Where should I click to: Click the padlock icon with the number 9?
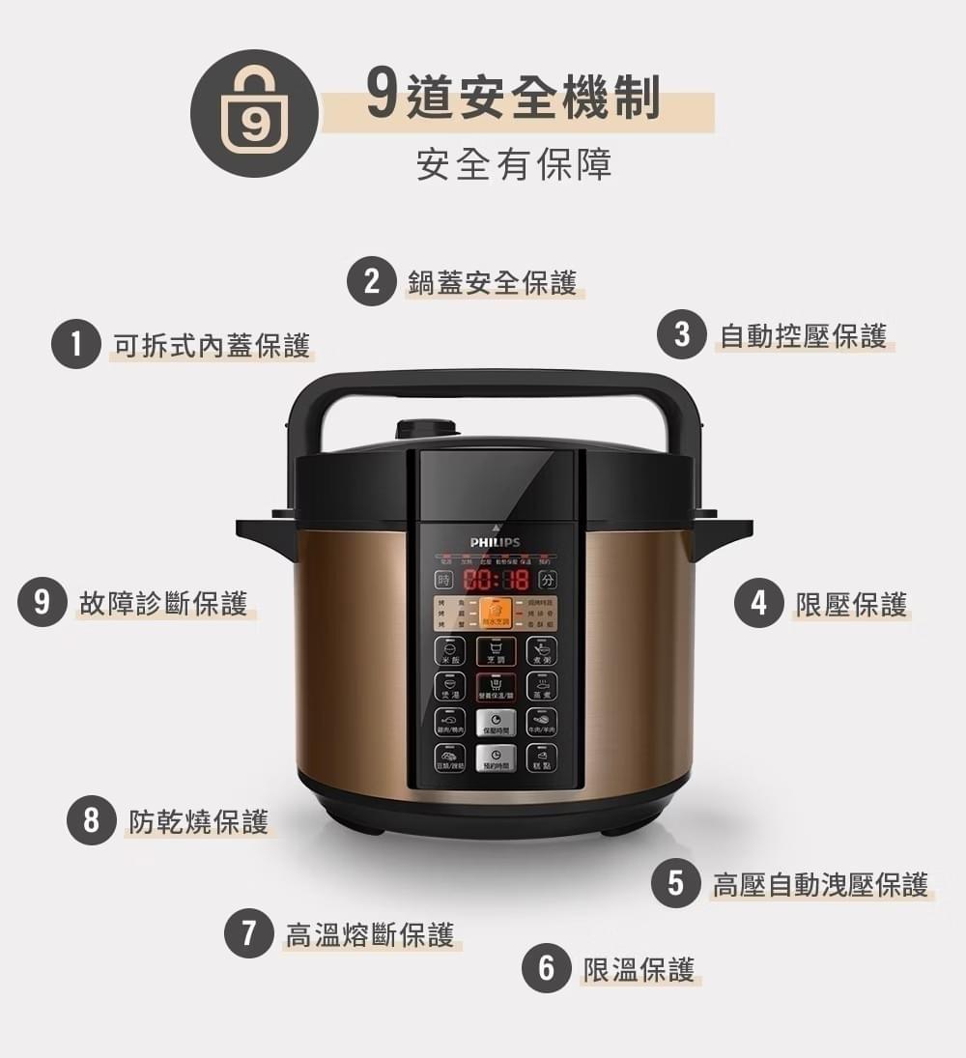tap(254, 113)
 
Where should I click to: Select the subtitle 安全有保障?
tap(514, 165)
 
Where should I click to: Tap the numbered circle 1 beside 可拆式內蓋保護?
tap(76, 345)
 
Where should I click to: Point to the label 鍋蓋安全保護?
tap(492, 282)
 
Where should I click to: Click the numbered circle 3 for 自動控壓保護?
tap(682, 335)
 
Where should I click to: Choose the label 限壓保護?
tap(851, 604)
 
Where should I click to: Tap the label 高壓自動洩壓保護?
tap(821, 883)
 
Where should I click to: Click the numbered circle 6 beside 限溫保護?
tap(547, 968)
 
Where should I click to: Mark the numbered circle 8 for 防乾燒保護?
tap(92, 821)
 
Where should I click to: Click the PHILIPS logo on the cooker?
tap(495, 542)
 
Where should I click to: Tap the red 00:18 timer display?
tap(497, 580)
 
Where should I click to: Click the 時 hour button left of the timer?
tap(445, 580)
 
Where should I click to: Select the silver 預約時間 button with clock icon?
tap(496, 758)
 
